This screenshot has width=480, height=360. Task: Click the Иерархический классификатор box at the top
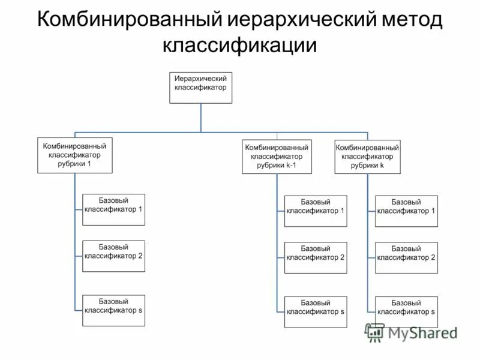click(200, 88)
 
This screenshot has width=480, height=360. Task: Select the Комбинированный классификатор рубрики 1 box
click(75, 155)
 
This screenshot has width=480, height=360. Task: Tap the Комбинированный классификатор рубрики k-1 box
click(277, 157)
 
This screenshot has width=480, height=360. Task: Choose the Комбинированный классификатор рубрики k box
click(367, 157)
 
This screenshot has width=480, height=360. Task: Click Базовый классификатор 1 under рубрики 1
click(113, 209)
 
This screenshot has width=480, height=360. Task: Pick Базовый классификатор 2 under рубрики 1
click(113, 256)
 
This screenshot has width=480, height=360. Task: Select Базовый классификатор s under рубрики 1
click(113, 310)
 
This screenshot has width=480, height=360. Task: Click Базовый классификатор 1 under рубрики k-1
click(315, 211)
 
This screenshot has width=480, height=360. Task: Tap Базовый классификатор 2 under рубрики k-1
click(315, 257)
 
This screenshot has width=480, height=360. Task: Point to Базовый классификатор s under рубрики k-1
click(315, 311)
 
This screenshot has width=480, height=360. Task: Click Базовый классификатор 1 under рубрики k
click(406, 211)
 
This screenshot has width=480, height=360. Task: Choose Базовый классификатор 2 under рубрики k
click(406, 257)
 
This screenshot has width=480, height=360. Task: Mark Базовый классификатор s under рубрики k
click(406, 311)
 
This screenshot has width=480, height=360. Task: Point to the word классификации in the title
click(239, 45)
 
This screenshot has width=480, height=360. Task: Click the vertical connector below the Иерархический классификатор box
click(200, 118)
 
